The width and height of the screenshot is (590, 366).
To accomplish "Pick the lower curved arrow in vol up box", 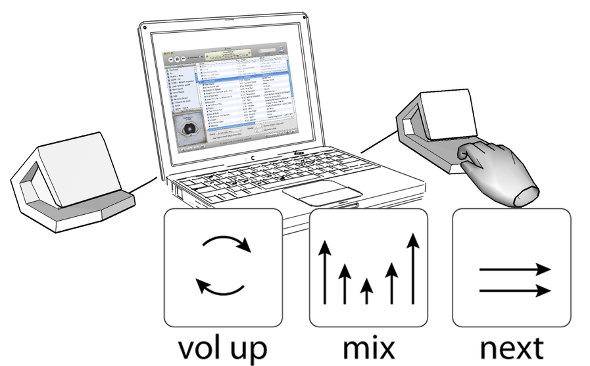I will (220, 286).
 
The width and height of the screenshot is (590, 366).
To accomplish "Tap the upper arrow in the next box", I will (513, 269).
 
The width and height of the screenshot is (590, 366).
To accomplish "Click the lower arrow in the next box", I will (513, 289).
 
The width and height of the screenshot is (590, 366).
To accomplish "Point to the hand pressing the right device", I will (497, 171).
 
